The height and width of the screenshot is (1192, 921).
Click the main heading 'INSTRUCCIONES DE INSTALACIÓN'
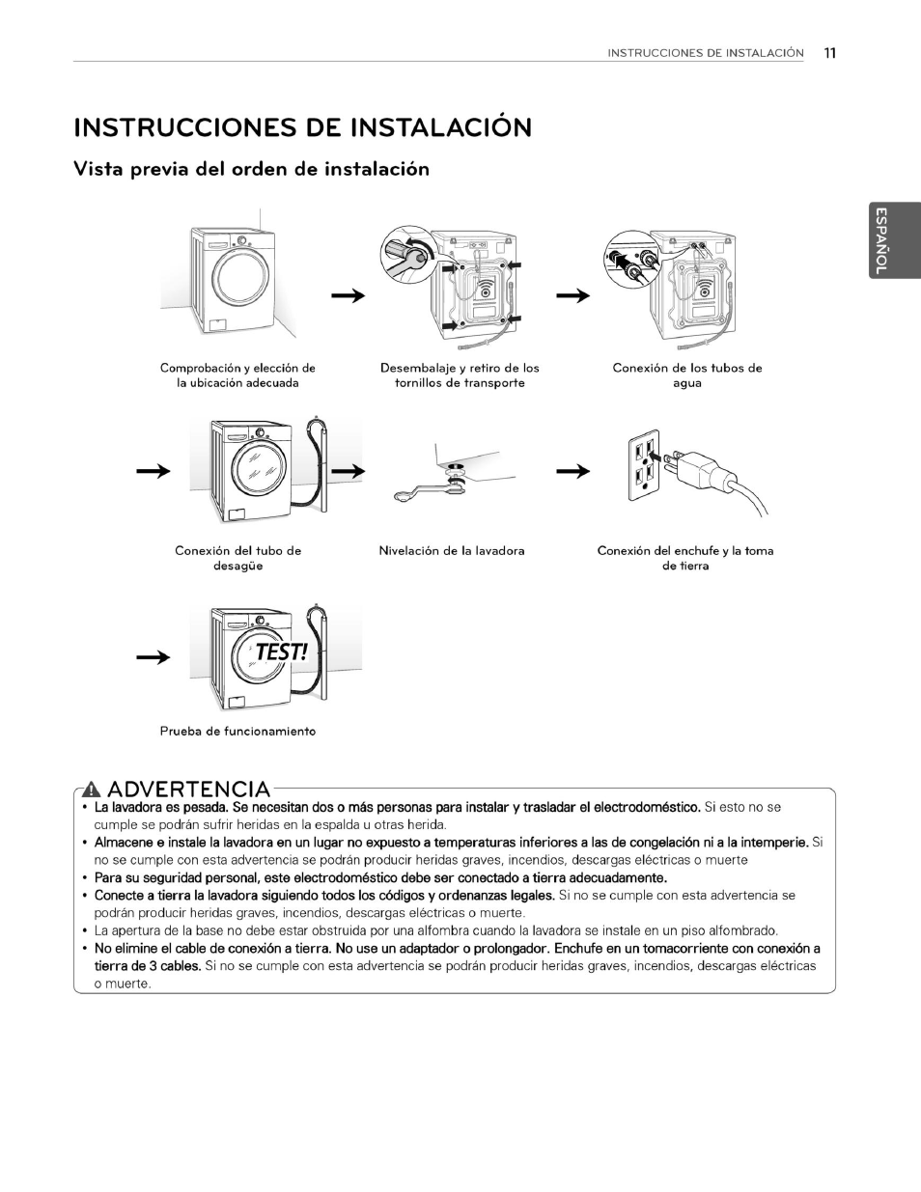(302, 128)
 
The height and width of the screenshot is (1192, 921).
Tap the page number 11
(829, 53)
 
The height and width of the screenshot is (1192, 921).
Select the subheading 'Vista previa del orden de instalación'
(252, 170)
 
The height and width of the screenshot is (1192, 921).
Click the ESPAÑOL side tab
(880, 240)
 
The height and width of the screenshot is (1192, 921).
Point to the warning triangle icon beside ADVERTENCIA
(93, 790)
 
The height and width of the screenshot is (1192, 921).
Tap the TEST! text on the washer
(280, 652)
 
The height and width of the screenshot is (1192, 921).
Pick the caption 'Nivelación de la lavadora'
(452, 551)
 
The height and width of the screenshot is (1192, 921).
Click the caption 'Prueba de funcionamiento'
(237, 732)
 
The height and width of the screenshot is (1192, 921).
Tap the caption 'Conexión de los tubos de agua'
(687, 375)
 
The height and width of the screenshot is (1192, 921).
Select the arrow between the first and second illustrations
(349, 296)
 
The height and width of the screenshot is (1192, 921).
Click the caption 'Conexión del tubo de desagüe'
(237, 558)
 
